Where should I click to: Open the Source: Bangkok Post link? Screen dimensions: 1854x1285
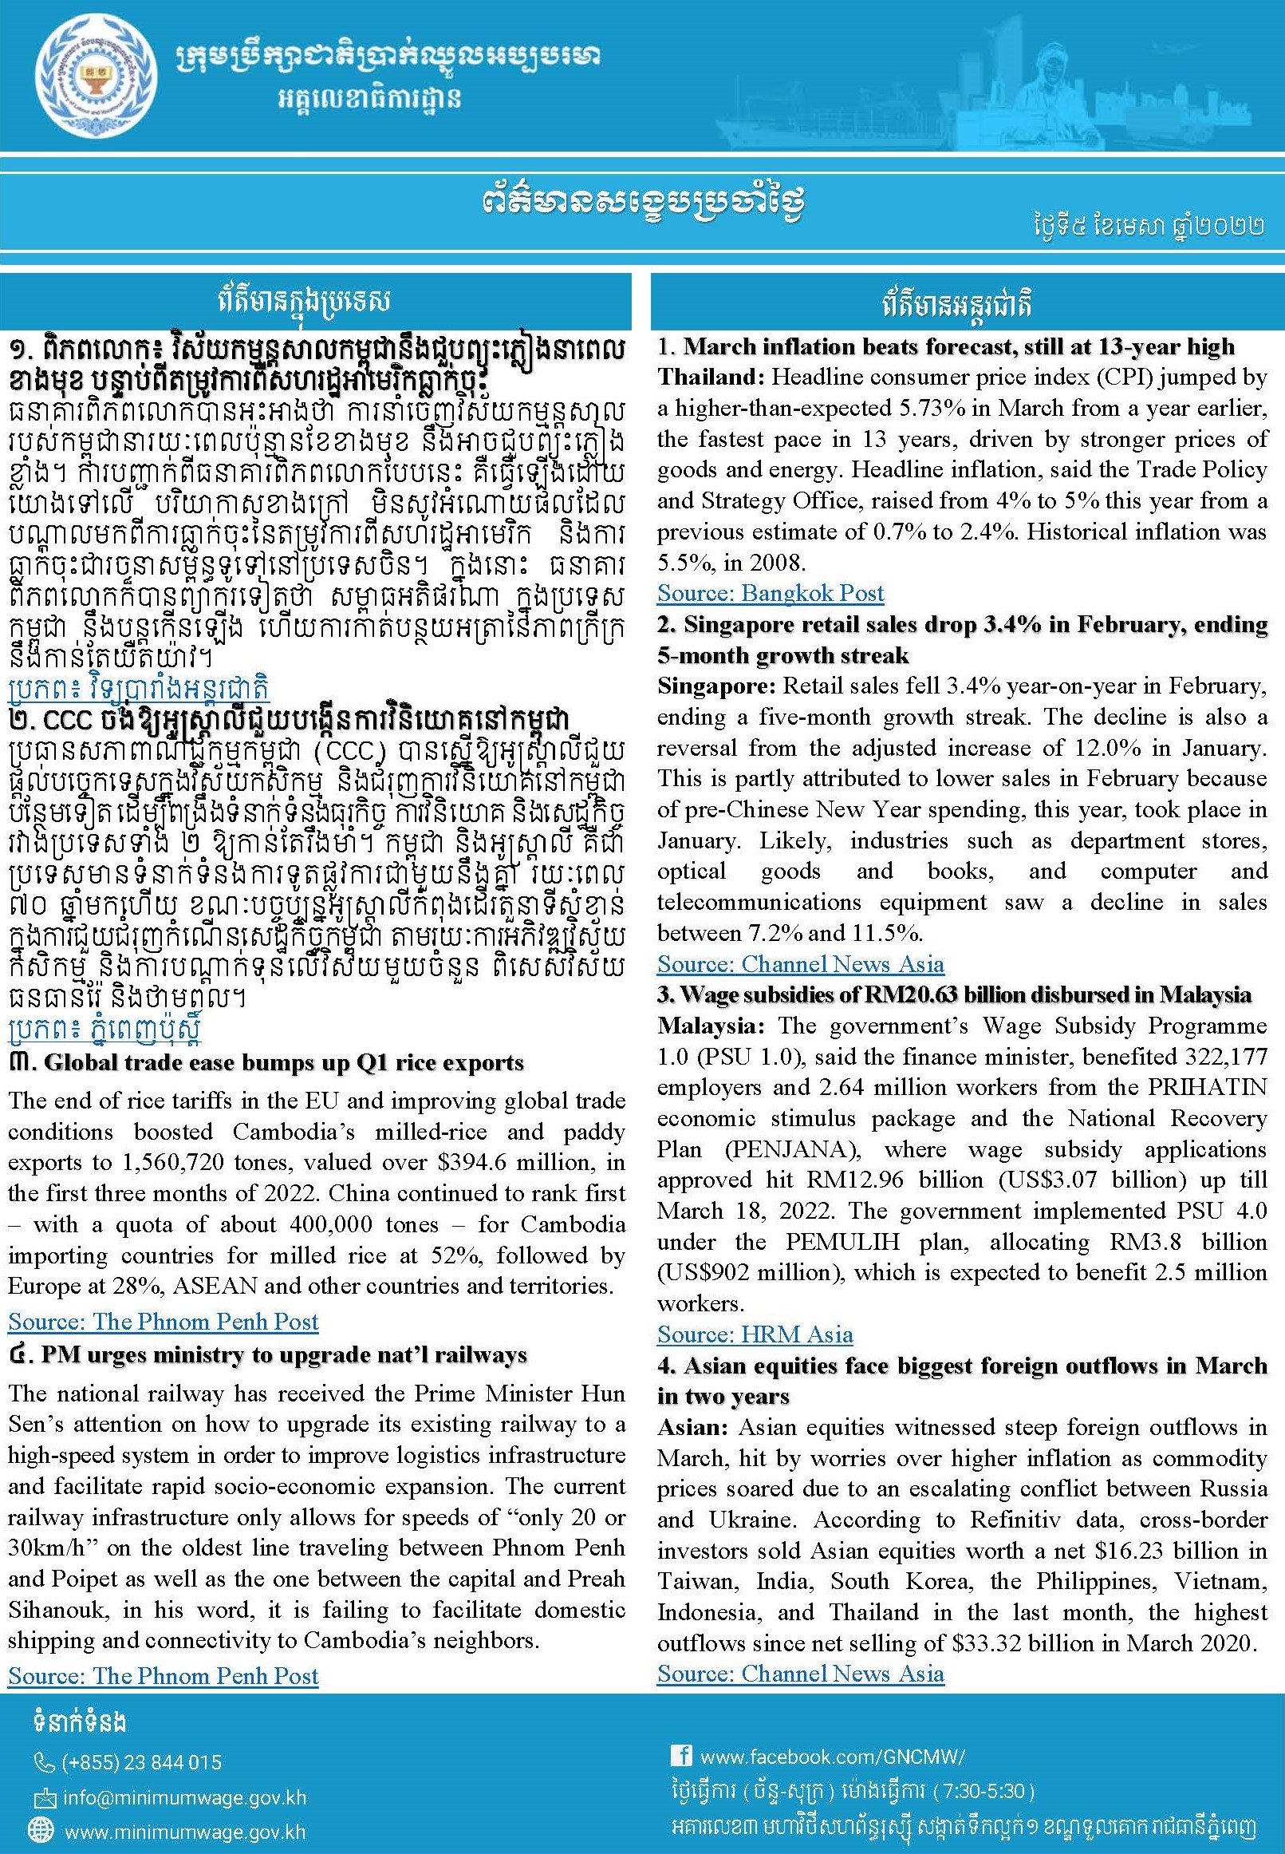click(770, 594)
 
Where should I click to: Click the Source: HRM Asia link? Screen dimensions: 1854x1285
click(755, 1334)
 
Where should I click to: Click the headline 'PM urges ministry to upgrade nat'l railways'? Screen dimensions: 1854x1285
click(284, 1354)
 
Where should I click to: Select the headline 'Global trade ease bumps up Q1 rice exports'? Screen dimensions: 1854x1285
click(283, 1063)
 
